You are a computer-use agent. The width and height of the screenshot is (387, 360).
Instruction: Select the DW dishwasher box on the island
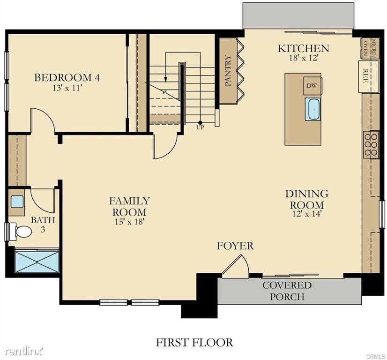click(312, 85)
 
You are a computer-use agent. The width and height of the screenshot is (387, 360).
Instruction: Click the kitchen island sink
click(313, 109)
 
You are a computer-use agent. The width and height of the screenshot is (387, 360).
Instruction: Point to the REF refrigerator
click(369, 76)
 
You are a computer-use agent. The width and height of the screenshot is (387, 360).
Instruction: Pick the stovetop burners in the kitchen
click(371, 145)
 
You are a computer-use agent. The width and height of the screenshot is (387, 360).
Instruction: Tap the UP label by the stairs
click(200, 127)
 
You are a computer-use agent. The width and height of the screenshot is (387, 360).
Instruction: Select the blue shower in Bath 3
click(37, 261)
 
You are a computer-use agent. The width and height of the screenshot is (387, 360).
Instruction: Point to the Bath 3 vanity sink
click(17, 202)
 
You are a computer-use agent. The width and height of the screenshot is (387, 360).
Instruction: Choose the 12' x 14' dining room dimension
click(306, 214)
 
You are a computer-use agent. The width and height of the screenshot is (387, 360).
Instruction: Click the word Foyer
click(235, 246)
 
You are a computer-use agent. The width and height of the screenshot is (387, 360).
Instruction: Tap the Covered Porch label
click(287, 291)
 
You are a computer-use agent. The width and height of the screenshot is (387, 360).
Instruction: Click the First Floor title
click(194, 343)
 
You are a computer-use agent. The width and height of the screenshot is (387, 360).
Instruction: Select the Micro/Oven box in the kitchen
click(370, 48)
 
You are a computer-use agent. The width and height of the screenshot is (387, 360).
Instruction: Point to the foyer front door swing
click(235, 265)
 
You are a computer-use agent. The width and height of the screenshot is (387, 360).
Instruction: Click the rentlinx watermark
click(24, 351)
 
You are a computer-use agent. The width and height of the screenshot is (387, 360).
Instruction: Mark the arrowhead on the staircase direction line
click(165, 79)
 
